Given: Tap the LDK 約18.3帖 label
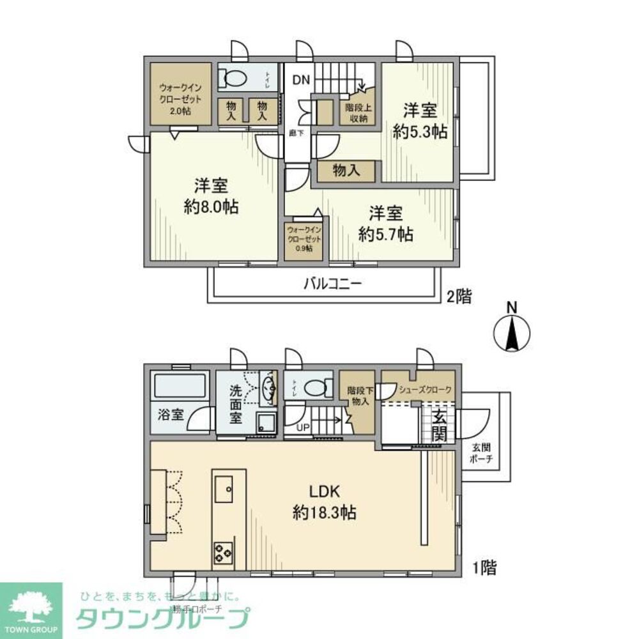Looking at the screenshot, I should coord(324,502).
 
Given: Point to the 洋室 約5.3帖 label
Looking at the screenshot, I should coord(420,121).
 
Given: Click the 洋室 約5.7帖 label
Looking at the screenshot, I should coord(385,223).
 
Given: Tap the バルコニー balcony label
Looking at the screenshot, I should coord(332,283).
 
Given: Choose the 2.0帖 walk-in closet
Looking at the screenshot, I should coord(180,95).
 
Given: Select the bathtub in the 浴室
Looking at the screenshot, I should coord(180,387).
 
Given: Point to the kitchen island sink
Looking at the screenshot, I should coord(227,489).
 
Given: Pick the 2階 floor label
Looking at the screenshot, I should coord(459,297).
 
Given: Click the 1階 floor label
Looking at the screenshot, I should coord(484,567).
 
